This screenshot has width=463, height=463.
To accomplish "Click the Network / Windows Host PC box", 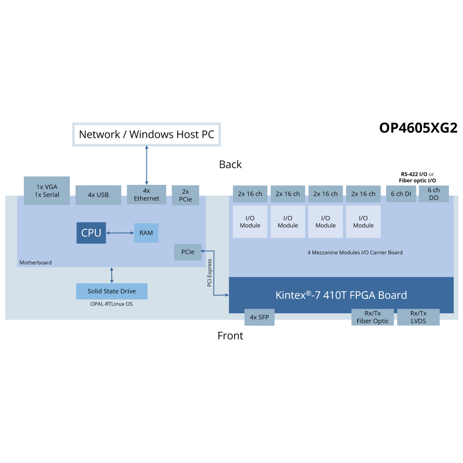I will click(x=146, y=134).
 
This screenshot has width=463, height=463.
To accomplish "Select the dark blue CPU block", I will click(x=91, y=233).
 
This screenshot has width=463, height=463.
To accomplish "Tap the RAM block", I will click(x=146, y=233).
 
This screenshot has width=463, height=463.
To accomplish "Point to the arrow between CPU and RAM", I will click(x=120, y=233).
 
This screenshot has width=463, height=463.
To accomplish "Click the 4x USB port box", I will click(x=98, y=195).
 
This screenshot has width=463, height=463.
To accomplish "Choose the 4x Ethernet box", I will click(x=146, y=194).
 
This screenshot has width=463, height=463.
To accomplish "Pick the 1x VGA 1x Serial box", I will click(x=47, y=191).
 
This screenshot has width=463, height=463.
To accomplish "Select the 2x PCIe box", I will click(x=185, y=195).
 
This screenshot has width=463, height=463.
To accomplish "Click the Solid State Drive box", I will click(x=112, y=291).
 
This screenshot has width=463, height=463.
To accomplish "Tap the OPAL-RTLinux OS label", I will click(x=112, y=304).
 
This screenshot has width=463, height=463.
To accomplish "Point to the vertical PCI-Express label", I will click(x=209, y=273).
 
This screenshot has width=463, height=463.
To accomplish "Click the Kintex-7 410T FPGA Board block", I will click(x=341, y=295).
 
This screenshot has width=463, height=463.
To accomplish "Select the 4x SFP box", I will click(x=259, y=317).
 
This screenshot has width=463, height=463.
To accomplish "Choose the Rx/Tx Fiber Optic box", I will click(x=373, y=317).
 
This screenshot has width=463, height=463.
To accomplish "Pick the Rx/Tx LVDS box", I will click(x=418, y=317).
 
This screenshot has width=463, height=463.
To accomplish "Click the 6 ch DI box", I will click(x=401, y=194).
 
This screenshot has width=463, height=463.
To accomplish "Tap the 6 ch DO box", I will click(x=434, y=194).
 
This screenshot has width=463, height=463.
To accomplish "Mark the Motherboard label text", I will click(x=35, y=263).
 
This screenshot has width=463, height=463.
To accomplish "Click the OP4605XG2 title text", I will click(x=418, y=128).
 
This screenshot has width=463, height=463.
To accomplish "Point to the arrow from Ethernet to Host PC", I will click(x=146, y=165).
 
